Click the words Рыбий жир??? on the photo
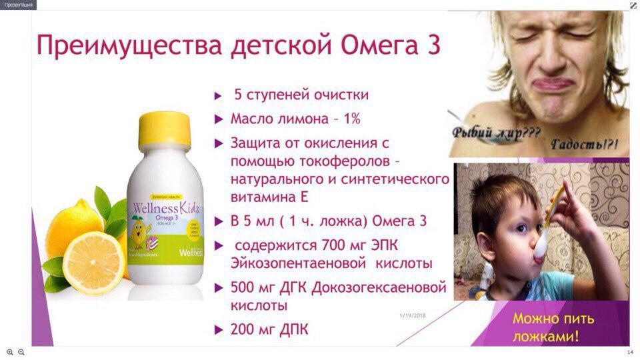point(496,131)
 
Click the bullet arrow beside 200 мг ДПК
point(217,329)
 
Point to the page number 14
point(630,352)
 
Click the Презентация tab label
point(18,5)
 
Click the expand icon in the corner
point(633,5)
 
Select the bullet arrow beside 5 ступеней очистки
point(217,96)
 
